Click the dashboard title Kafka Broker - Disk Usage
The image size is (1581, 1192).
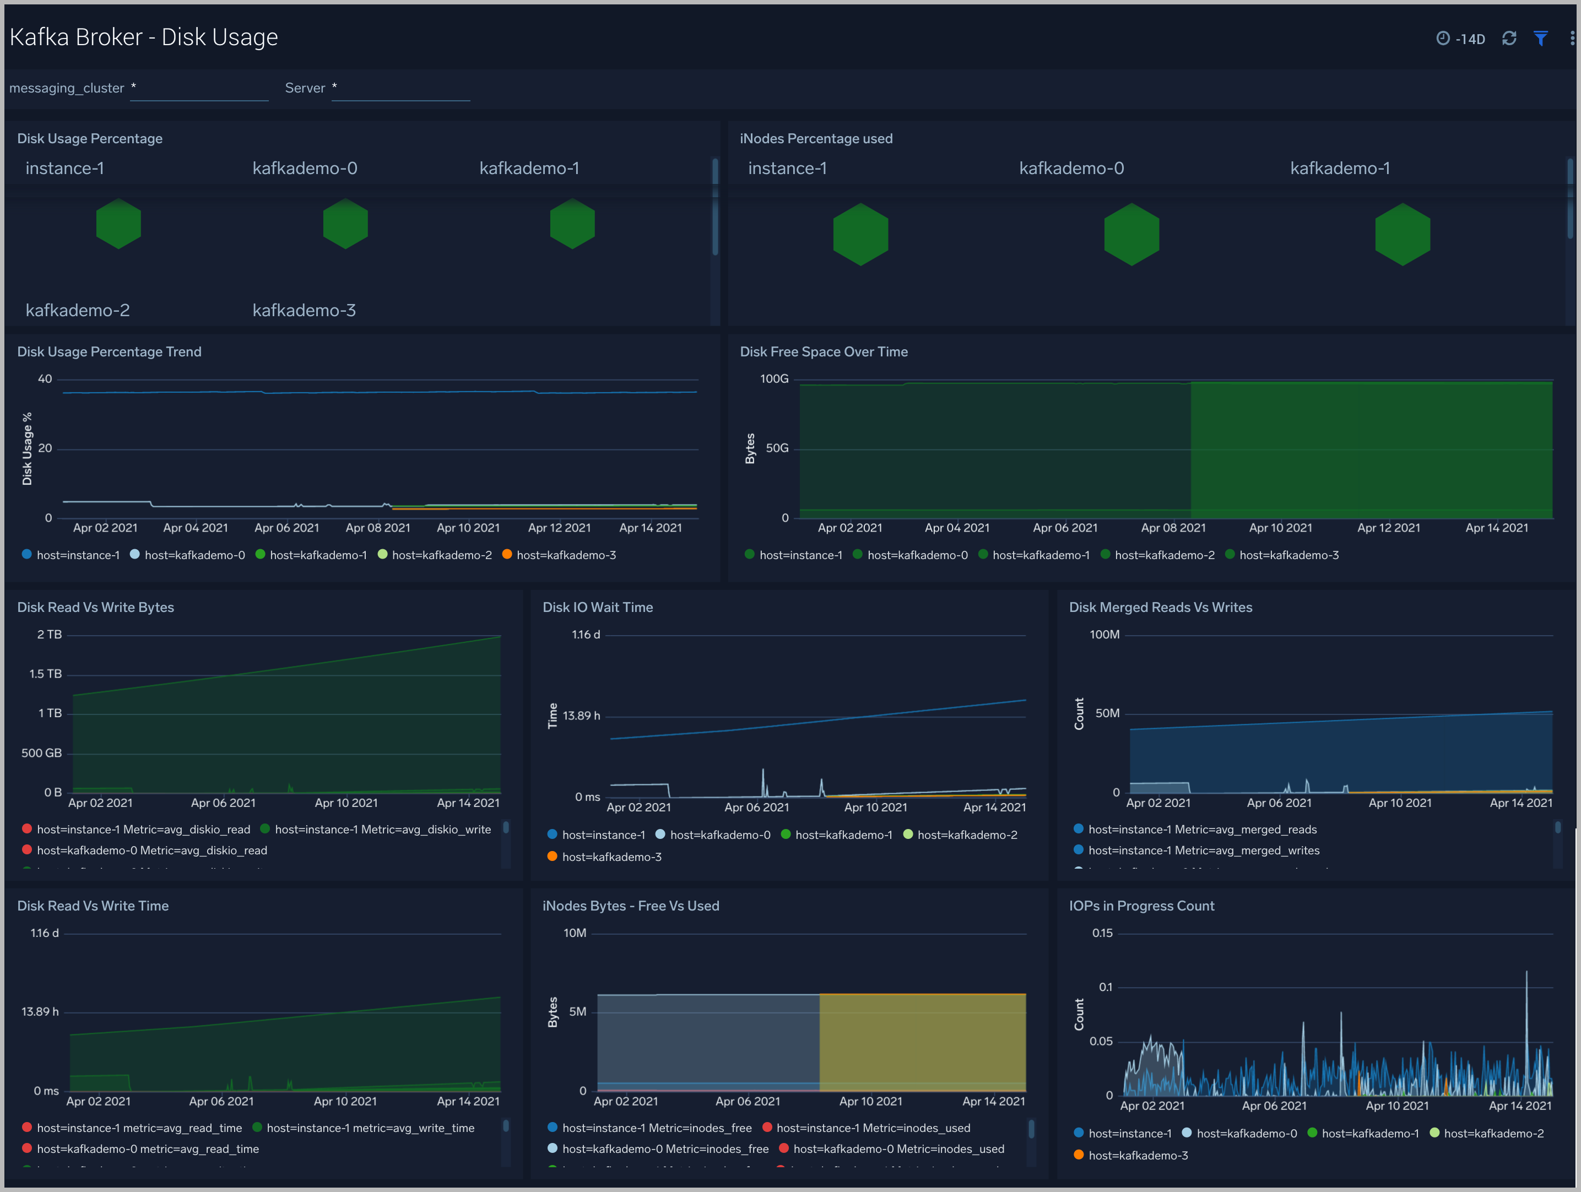point(144,37)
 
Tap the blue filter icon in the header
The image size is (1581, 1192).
point(1540,39)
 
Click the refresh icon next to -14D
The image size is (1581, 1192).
point(1509,39)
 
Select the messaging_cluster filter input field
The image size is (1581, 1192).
point(199,89)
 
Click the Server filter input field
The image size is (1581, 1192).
point(400,89)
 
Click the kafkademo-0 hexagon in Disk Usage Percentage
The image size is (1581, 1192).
point(345,224)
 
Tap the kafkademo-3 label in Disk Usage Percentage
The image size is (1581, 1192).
point(304,310)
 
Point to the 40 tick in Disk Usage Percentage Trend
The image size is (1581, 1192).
point(45,379)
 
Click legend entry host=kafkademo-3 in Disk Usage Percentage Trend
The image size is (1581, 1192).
point(565,555)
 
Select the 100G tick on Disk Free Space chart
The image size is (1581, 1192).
point(774,379)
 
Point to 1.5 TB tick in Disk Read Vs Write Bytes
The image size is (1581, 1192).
point(45,674)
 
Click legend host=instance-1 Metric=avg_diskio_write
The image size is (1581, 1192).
point(382,830)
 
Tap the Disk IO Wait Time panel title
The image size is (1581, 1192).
point(598,608)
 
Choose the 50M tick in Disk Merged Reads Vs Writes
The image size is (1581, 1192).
point(1107,713)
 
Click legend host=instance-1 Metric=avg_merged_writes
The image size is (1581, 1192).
point(1203,850)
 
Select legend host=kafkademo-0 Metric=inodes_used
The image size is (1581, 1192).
point(898,1149)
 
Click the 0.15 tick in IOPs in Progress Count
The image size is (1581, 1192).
point(1102,933)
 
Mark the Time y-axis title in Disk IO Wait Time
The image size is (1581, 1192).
point(553,716)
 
